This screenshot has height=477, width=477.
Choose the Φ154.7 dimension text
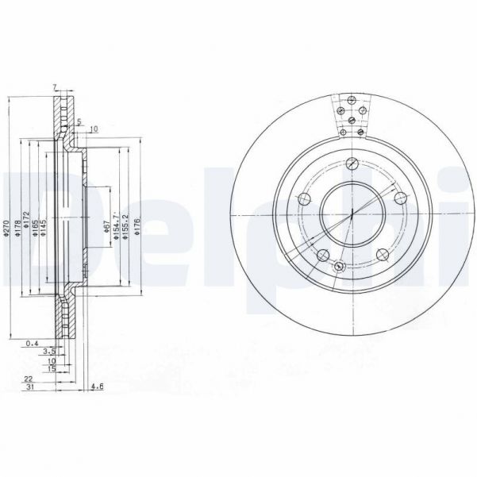pyautogui.click(x=116, y=227)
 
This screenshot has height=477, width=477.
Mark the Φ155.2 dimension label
pyautogui.click(x=125, y=227)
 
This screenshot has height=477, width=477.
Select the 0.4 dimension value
pyautogui.click(x=32, y=343)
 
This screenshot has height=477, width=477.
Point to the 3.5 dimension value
pyautogui.click(x=48, y=351)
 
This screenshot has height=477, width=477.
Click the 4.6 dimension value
pyautogui.click(x=98, y=387)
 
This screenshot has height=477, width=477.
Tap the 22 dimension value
pyautogui.click(x=29, y=379)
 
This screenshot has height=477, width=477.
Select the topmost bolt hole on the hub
pyautogui.click(x=349, y=165)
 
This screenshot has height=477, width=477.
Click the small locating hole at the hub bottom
pyautogui.click(x=339, y=267)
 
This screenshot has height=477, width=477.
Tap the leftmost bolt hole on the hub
pyautogui.click(x=302, y=199)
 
